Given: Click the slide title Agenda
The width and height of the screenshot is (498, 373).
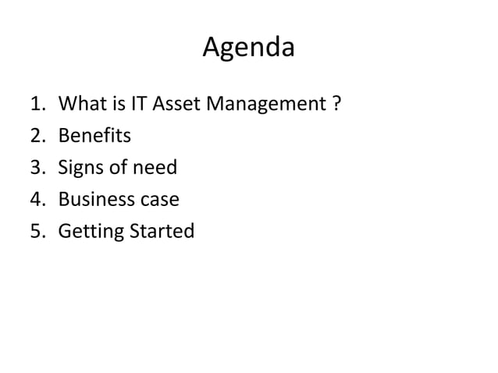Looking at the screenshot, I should point(248,48).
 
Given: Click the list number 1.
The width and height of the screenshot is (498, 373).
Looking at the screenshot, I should point(37,104).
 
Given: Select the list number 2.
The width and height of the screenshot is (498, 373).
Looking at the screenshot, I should point(37,136).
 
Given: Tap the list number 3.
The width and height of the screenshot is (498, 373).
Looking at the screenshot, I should point(37,168).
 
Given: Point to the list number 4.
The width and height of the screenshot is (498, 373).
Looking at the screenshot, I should point(37,200).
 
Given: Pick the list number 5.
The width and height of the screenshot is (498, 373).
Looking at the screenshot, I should point(37,232).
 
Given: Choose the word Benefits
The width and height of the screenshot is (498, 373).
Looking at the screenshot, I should point(94,136).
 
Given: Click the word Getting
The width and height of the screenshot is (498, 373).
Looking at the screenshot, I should point(87,233).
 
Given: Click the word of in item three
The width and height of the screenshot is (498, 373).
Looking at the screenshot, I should point(120,168).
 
